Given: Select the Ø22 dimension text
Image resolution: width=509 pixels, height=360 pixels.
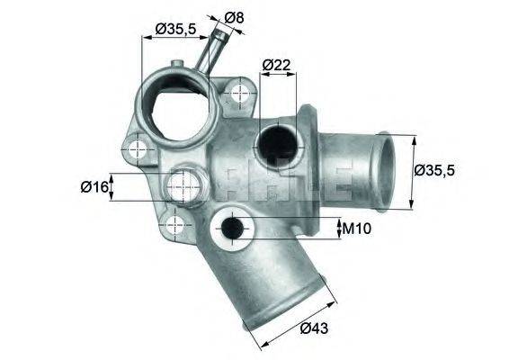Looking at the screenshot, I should click(x=275, y=64).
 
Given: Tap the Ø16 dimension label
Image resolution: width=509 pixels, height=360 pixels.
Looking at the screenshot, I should click(x=94, y=186).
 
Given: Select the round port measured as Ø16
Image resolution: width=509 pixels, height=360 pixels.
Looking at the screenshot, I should click(x=183, y=187).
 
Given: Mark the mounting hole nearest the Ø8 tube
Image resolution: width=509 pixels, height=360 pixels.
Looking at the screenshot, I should click(x=239, y=92).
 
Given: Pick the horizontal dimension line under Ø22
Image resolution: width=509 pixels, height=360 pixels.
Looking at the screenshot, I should click(x=277, y=76).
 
